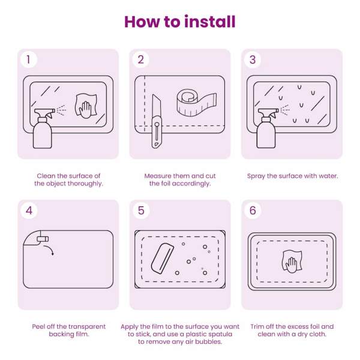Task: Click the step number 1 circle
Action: [x=28, y=59]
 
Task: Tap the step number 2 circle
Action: [x=141, y=59]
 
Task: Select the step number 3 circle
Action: [x=253, y=59]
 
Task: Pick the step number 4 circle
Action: [x=29, y=211]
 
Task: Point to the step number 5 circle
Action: [x=141, y=211]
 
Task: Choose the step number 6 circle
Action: [x=253, y=211]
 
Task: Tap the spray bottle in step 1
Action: [x=43, y=128]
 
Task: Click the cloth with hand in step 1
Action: [x=86, y=106]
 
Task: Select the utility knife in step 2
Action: [x=157, y=121]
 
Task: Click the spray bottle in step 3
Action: [x=267, y=128]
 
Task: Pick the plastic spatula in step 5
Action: [x=163, y=258]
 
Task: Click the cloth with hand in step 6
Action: [x=292, y=262]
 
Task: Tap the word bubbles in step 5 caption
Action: [x=209, y=341]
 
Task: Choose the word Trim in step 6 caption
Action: [x=257, y=326]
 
